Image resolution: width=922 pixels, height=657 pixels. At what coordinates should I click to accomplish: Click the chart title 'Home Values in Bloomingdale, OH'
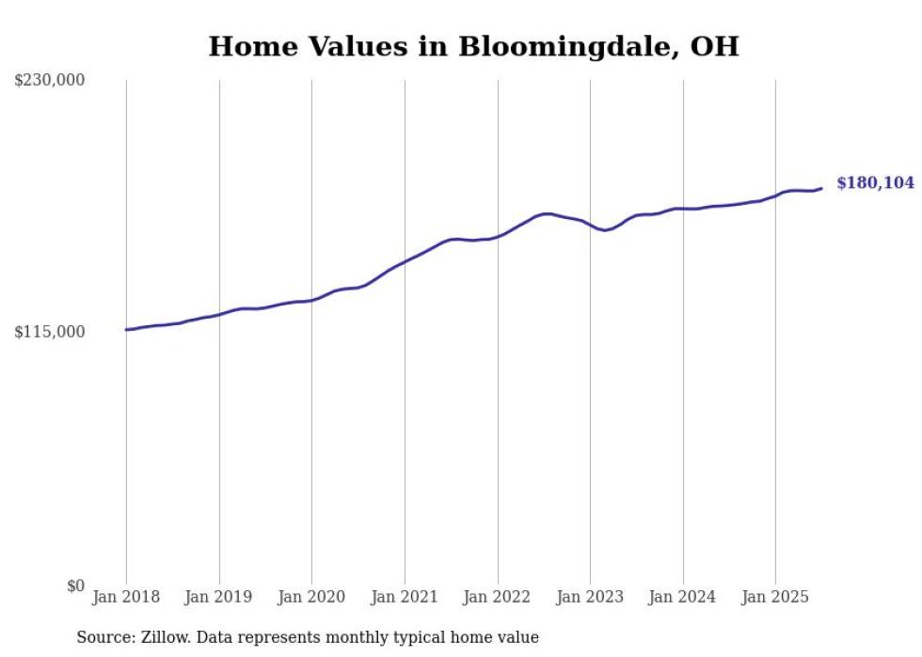pyautogui.click(x=473, y=46)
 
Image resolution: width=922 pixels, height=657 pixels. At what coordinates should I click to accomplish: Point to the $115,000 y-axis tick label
pyautogui.click(x=50, y=332)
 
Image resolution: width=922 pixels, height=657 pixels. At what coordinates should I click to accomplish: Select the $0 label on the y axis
pyautogui.click(x=75, y=586)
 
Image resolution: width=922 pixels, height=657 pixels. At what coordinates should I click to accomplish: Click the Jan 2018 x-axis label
pyautogui.click(x=126, y=597)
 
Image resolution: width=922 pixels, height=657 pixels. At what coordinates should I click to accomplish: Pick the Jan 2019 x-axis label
pyautogui.click(x=219, y=597)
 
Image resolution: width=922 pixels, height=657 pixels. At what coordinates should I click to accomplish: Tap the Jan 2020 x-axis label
pyautogui.click(x=311, y=597)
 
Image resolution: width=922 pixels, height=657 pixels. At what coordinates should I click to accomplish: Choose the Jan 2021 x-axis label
pyautogui.click(x=405, y=597)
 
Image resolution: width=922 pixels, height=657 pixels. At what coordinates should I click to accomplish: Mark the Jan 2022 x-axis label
pyautogui.click(x=498, y=597)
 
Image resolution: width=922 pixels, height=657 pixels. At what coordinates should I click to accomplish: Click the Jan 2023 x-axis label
pyautogui.click(x=590, y=597)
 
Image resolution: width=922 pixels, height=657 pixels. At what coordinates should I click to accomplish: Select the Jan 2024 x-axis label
pyautogui.click(x=683, y=597)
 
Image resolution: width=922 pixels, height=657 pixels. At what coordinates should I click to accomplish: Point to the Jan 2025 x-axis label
pyautogui.click(x=775, y=597)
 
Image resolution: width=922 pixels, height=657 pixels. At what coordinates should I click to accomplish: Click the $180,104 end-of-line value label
pyautogui.click(x=875, y=183)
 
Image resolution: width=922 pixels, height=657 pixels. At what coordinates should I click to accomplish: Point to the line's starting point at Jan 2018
pyautogui.click(x=126, y=329)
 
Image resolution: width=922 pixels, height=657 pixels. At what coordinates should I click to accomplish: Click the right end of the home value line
pyautogui.click(x=821, y=188)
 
